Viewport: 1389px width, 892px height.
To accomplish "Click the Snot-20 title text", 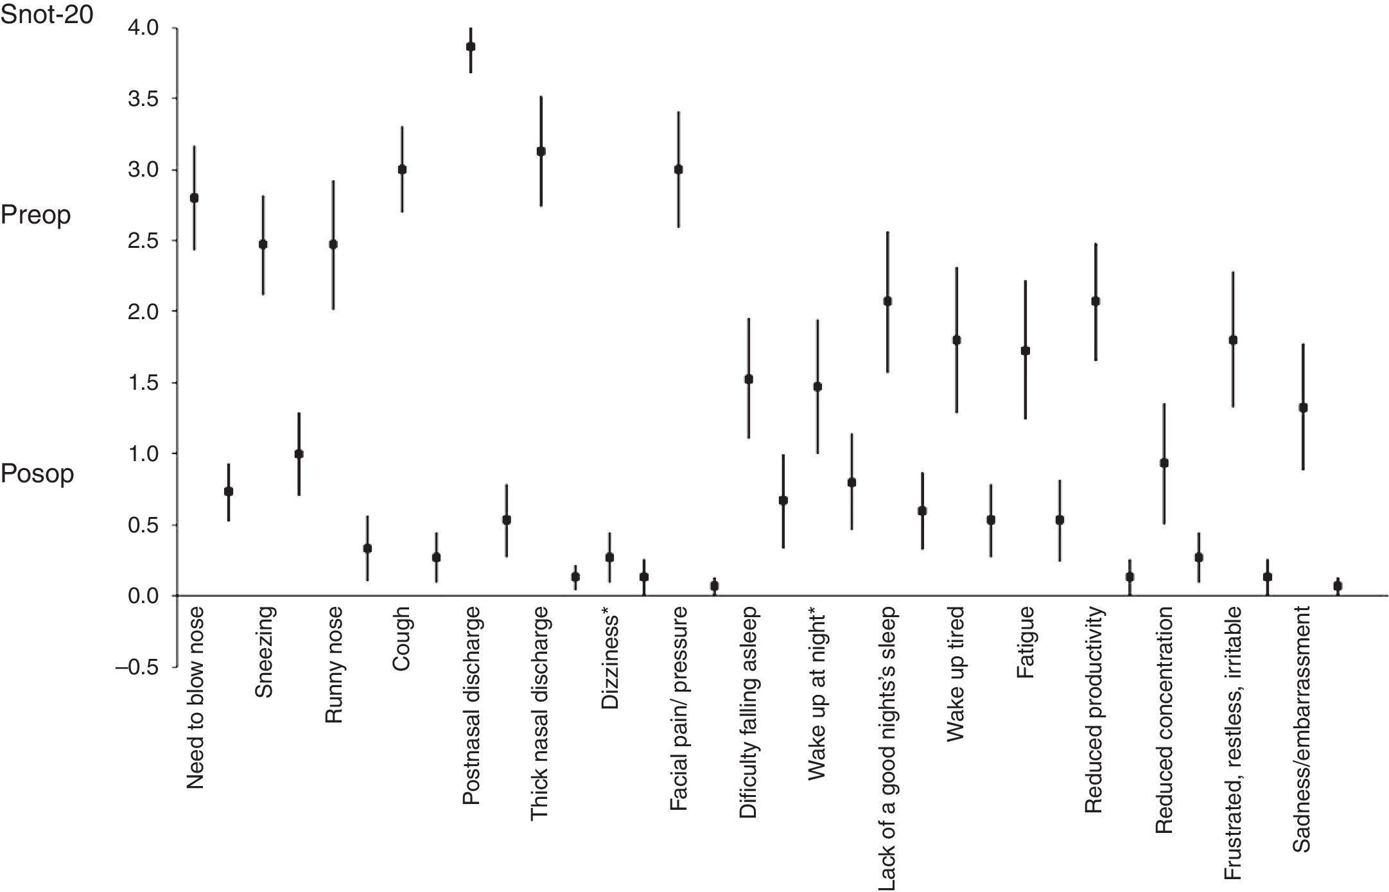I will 47,14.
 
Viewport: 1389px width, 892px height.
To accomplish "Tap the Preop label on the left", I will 35,215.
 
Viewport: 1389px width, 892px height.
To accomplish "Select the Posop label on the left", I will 37,475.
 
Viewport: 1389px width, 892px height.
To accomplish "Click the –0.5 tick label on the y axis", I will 137,667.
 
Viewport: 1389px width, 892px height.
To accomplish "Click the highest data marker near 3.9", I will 471,46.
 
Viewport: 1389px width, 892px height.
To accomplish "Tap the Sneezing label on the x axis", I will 265,652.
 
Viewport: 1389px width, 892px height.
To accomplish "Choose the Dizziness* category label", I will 610,661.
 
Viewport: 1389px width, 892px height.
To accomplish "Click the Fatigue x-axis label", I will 1026,642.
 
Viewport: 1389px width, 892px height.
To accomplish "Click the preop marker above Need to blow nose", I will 194,198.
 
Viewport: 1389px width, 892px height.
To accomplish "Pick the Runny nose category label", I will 334,665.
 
